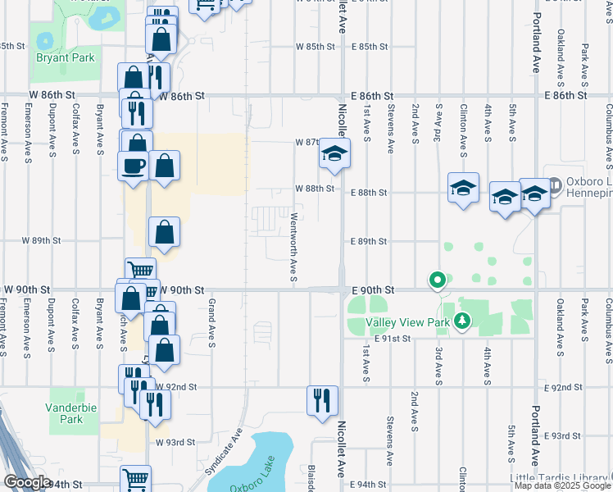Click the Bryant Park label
66,57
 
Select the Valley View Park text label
407,322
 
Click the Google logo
27,482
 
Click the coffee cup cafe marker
134,166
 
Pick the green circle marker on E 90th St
438,281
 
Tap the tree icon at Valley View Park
463,321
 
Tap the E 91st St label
392,339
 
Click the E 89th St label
368,242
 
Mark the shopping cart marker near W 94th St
135,479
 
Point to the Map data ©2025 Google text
562,486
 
